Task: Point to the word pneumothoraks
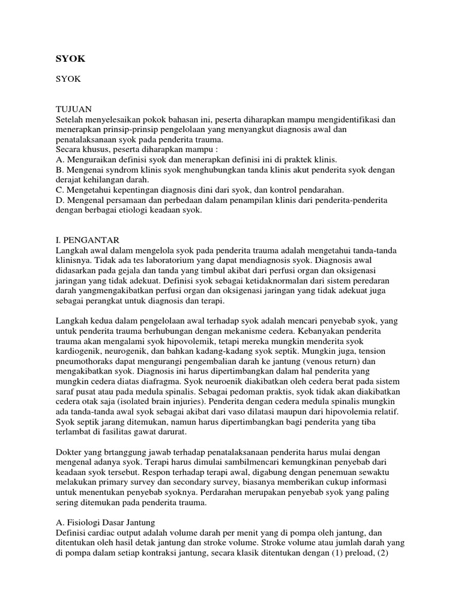(x=84, y=362)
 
